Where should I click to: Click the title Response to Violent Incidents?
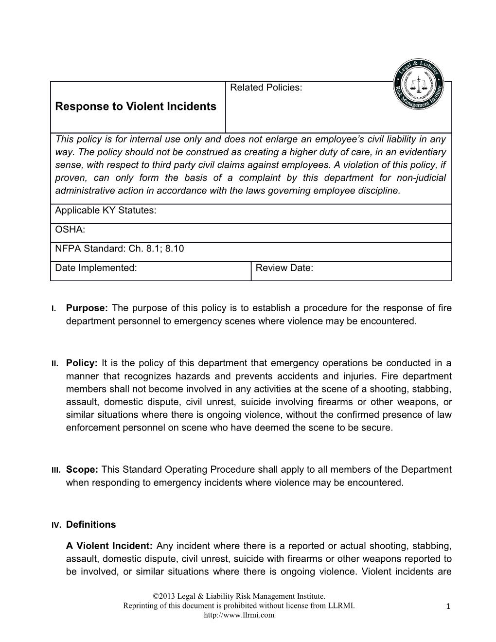(x=136, y=106)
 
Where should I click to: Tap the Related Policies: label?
(x=266, y=88)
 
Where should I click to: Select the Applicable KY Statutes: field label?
(x=106, y=211)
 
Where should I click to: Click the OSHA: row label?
(x=70, y=230)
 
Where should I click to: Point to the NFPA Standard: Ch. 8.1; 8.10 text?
(x=120, y=249)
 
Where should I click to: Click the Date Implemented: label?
(x=96, y=267)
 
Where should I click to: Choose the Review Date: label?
(x=284, y=267)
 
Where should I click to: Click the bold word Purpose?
(x=87, y=308)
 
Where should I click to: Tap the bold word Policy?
(x=82, y=363)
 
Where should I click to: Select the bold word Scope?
(x=82, y=470)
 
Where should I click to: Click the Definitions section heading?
(x=91, y=524)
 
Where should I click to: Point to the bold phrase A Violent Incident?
(x=110, y=546)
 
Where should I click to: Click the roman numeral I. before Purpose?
(x=54, y=309)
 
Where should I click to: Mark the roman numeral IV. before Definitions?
(x=56, y=525)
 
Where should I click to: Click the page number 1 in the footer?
(x=449, y=606)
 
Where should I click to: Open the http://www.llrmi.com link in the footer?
(x=239, y=615)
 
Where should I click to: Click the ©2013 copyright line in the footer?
(x=239, y=596)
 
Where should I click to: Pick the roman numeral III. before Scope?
(x=55, y=470)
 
